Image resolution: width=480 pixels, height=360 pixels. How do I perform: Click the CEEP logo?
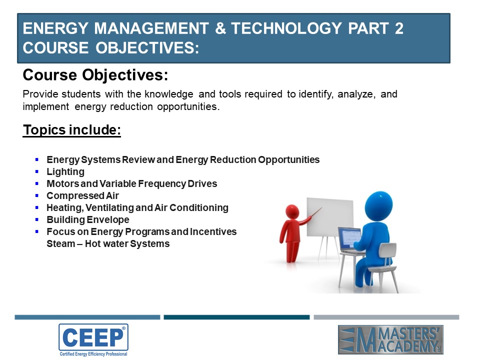click(93, 340)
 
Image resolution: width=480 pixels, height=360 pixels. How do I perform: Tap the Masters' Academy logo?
click(390, 340)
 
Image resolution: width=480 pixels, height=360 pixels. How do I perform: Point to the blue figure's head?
click(378, 206)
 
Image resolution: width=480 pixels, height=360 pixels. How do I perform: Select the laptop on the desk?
click(350, 240)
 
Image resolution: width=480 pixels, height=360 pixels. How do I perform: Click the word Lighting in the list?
click(65, 172)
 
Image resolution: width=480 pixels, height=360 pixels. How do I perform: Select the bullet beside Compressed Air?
click(37, 195)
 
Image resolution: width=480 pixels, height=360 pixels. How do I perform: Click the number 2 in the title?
click(399, 28)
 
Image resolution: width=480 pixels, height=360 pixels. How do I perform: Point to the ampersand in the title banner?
click(220, 28)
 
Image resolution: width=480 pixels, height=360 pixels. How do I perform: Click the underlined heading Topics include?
click(72, 130)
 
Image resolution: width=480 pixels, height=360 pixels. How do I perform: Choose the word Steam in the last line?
click(61, 243)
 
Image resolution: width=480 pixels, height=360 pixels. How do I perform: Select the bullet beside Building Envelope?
click(37, 219)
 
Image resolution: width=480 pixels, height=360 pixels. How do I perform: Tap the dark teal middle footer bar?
click(236, 317)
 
